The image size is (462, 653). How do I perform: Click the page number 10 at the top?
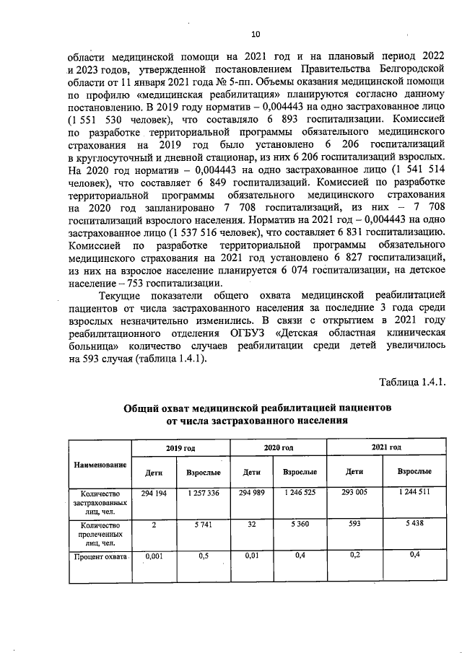(x=254, y=33)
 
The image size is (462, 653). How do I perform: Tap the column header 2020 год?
(x=278, y=448)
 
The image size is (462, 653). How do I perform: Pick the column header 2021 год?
(x=385, y=448)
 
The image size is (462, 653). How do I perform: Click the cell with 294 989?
(x=252, y=493)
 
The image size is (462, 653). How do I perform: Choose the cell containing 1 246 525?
(x=300, y=493)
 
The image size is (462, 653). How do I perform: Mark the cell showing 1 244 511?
(x=414, y=493)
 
